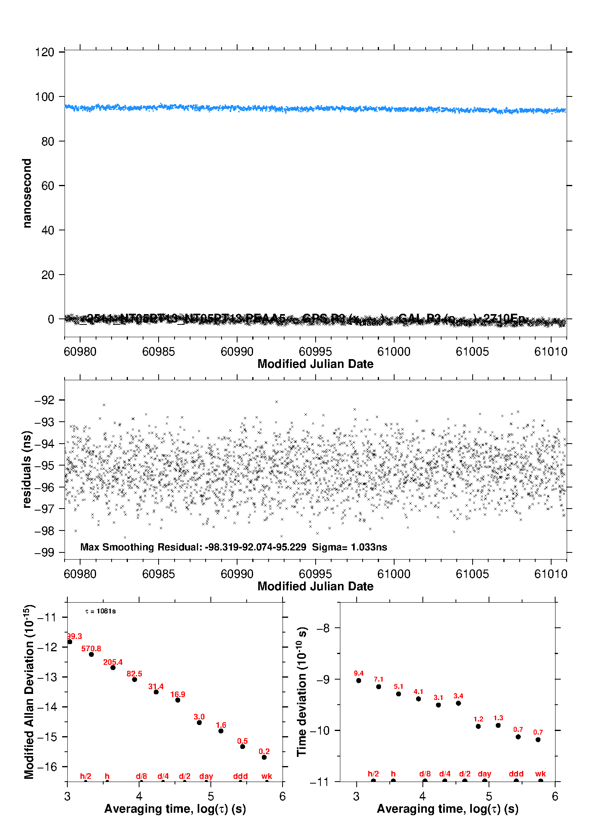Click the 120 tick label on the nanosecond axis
pos(44,52)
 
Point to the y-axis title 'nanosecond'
pos(27,193)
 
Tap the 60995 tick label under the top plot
pos(315,352)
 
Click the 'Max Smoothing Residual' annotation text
pos(141,547)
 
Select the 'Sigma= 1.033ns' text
pos(350,547)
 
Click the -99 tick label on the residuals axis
pos(44,553)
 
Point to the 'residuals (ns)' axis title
pos(27,469)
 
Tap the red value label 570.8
pos(91,649)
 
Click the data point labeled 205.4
pos(113,668)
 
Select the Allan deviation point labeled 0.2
pos(264,757)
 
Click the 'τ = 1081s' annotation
pos(100,611)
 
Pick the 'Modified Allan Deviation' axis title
pos(29,692)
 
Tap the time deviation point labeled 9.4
pos(359,680)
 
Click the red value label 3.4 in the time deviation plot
pos(458,696)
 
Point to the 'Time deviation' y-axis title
pos(302,692)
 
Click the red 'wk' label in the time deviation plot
pos(540,774)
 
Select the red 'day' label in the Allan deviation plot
pos(206,776)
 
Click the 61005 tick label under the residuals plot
pos(472,574)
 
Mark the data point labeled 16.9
pos(178,700)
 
